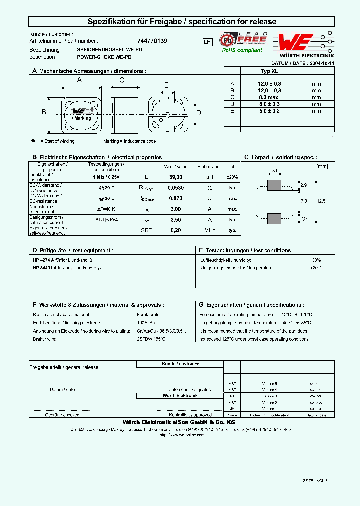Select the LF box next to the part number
[x=207, y=42]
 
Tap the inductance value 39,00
[x=175, y=177]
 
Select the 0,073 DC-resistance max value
[x=175, y=198]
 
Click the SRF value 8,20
[x=175, y=230]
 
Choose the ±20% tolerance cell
[x=232, y=177]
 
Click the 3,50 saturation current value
[x=175, y=219]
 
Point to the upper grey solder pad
[x=274, y=185]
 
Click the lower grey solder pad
[x=274, y=219]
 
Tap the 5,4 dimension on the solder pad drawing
[x=274, y=171]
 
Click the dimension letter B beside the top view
[x=43, y=112]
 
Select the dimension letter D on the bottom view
[x=198, y=113]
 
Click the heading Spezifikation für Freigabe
[x=182, y=22]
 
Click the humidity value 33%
[x=316, y=260]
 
